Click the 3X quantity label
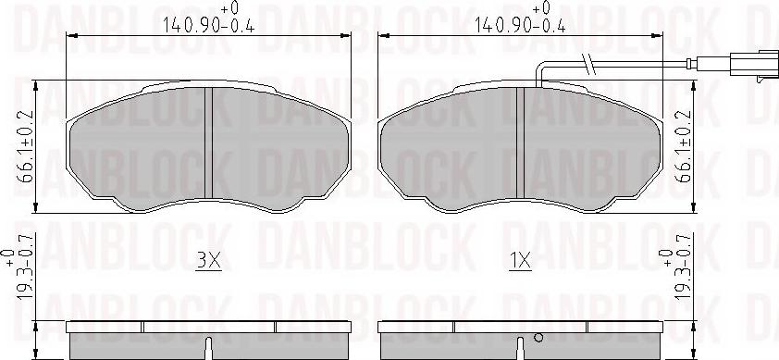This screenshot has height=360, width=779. click(x=209, y=262)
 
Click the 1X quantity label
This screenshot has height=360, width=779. click(x=520, y=262)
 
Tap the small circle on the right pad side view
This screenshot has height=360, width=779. click(x=536, y=337)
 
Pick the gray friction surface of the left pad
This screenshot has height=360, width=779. click(x=139, y=148)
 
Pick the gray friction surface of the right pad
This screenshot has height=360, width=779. click(x=453, y=148)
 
